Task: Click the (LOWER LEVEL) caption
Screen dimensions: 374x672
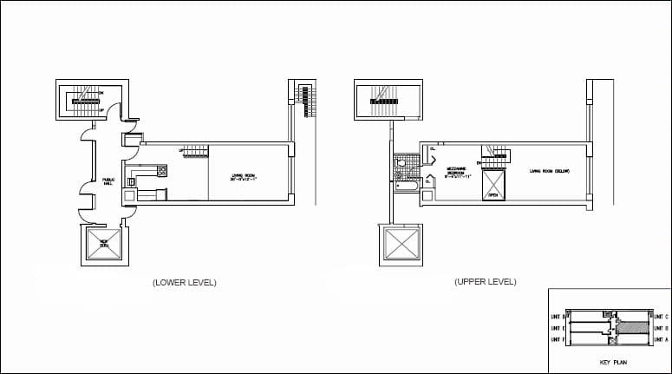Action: tap(184, 282)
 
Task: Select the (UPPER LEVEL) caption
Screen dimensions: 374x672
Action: tap(485, 282)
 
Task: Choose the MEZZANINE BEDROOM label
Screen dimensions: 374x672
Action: tap(459, 174)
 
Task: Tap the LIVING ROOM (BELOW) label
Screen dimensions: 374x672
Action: tap(549, 171)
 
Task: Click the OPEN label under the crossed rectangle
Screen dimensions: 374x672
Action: tap(493, 196)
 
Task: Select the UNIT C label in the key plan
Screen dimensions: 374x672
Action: tap(660, 317)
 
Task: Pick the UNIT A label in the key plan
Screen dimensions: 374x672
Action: tap(660, 340)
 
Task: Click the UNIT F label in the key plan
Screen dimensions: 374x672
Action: tap(557, 340)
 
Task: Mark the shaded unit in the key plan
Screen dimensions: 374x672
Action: tap(632, 328)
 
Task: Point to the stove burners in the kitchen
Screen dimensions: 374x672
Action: tap(162, 171)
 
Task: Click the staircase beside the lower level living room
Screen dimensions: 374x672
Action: tap(195, 151)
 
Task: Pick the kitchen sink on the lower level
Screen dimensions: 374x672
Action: tap(134, 181)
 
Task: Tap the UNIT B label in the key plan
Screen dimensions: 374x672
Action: tap(660, 329)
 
